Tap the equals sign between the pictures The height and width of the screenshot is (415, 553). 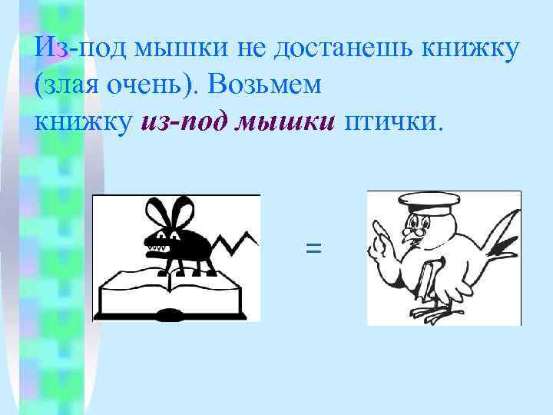click(313, 247)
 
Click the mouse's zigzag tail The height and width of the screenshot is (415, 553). click(237, 244)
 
